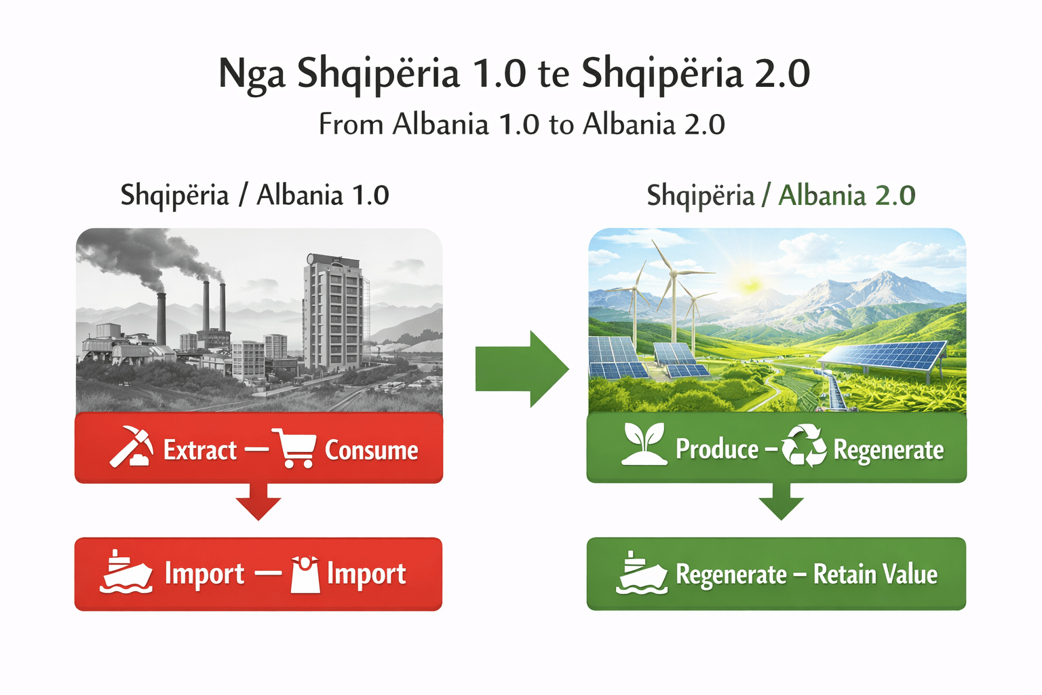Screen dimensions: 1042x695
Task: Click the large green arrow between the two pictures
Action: pos(522,369)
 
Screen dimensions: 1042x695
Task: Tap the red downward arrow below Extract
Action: pos(258,501)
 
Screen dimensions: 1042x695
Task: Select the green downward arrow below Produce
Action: pos(781,501)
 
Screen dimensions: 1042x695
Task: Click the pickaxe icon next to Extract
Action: pos(132,446)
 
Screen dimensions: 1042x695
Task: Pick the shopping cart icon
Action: pos(294,448)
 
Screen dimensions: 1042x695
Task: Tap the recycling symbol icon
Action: pos(804,445)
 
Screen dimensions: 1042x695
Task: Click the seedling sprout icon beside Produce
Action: pos(644,444)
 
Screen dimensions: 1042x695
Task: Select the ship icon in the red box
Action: pos(126,572)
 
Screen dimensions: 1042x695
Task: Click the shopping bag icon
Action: pos(305,574)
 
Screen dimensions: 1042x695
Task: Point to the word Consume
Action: pos(371,450)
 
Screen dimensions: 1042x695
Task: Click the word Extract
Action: pos(200,450)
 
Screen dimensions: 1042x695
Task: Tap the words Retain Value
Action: pos(876,574)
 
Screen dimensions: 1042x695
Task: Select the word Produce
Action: pos(717,449)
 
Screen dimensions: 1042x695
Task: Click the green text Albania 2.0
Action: pos(847,195)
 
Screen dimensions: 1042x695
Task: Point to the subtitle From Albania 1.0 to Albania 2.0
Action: pos(522,124)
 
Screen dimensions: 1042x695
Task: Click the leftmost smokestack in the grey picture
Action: pos(161,320)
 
